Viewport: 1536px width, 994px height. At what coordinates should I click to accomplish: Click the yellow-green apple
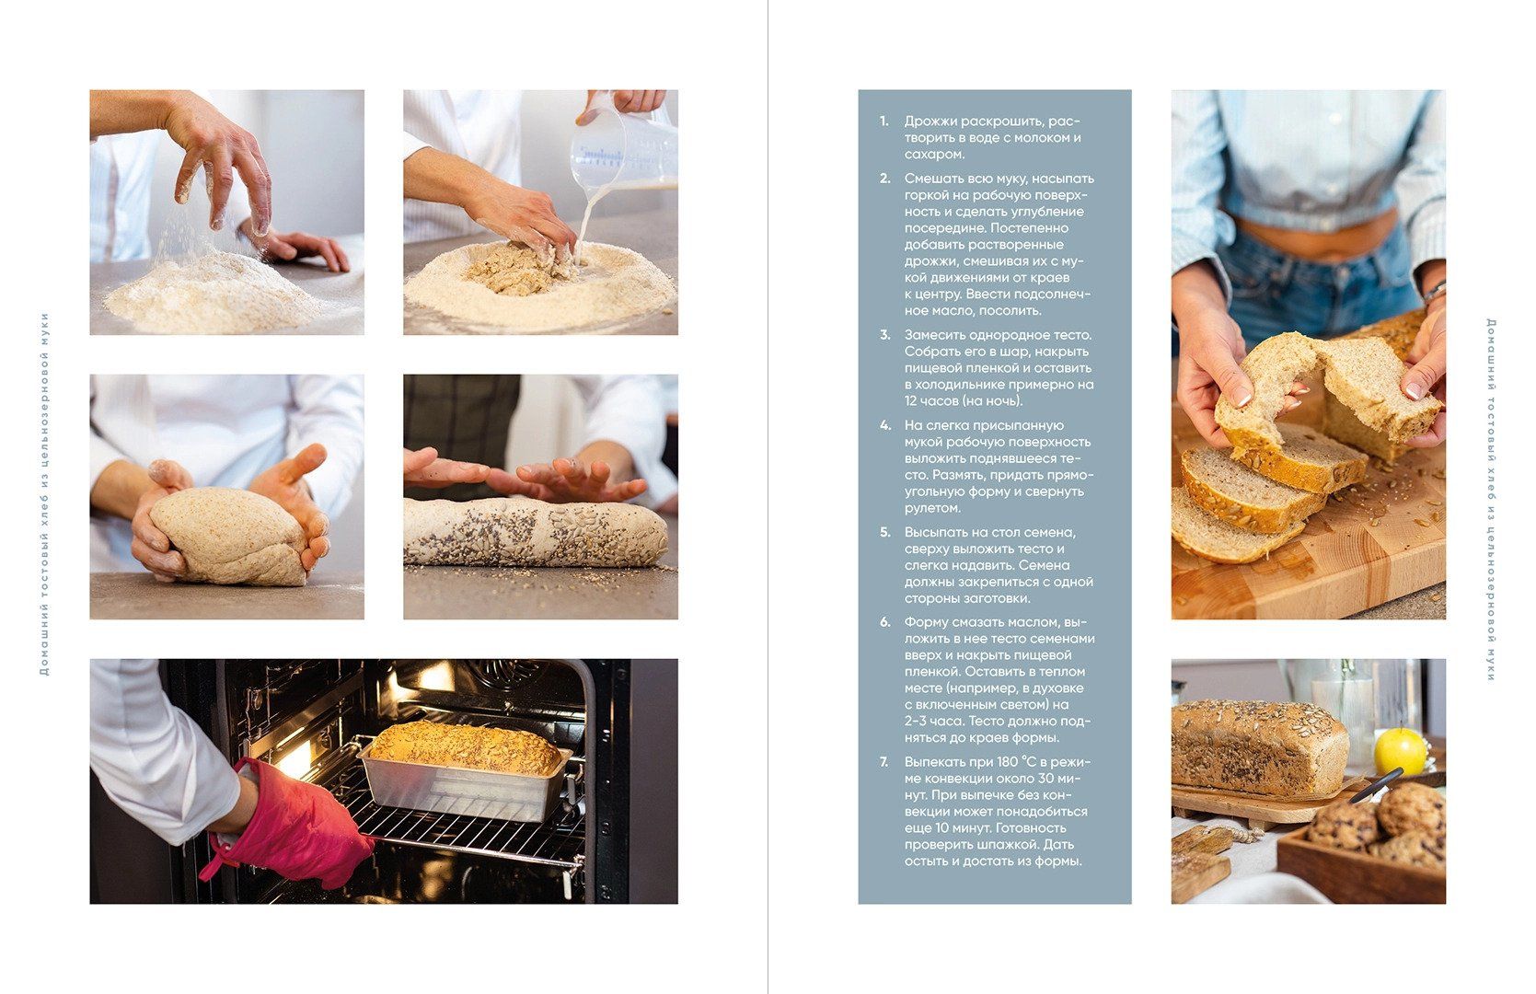pos(1400,752)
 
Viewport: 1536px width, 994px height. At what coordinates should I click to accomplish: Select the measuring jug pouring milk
pos(623,144)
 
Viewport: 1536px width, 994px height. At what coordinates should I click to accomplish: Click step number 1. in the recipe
pos(884,121)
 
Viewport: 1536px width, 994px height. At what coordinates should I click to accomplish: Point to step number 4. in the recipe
pos(885,425)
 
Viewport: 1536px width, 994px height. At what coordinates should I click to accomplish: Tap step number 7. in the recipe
pos(884,762)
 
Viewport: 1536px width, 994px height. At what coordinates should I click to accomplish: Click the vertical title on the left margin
pos(44,494)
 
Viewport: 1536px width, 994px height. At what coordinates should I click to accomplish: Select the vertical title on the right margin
pos(1491,500)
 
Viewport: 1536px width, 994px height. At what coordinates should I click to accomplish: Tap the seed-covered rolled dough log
pos(536,532)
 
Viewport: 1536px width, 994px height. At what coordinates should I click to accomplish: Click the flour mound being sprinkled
pos(213,292)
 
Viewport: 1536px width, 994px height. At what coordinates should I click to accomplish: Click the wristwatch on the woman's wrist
pos(1435,293)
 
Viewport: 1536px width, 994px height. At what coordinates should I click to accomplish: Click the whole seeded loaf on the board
pos(1259,747)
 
